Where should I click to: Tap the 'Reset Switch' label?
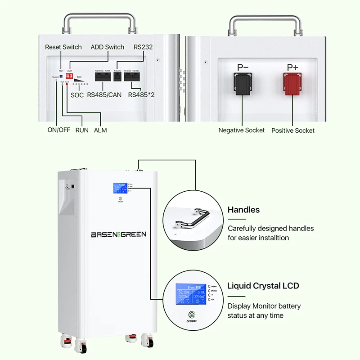[63, 47]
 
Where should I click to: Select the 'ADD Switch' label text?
[107, 47]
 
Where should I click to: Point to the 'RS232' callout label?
[144, 47]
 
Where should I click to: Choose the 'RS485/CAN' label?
[104, 94]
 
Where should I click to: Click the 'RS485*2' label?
[141, 94]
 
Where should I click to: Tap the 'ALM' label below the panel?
[100, 130]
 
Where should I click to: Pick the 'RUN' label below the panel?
[82, 130]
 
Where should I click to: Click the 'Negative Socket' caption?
[242, 130]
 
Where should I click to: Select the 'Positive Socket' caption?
[293, 130]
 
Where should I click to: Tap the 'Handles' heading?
[243, 210]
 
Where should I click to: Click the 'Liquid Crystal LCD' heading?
[263, 286]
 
